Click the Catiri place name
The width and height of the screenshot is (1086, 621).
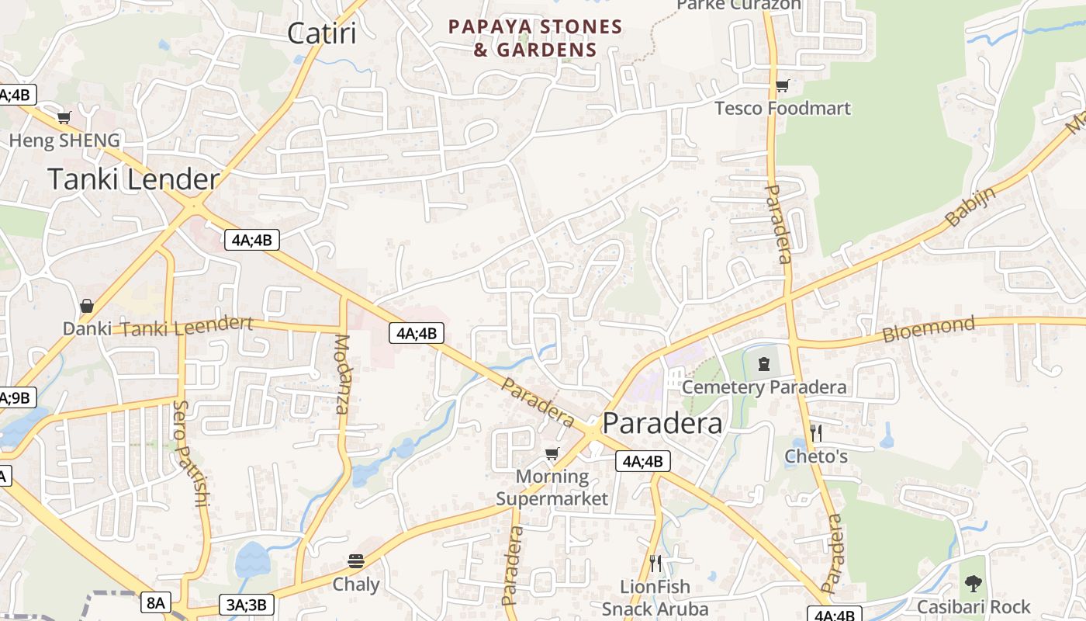click(321, 33)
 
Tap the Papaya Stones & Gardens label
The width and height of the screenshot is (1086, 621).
click(535, 38)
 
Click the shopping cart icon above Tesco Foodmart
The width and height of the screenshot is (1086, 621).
click(782, 86)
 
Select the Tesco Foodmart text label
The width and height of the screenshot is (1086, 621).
click(782, 108)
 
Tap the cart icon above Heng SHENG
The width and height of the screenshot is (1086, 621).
click(64, 118)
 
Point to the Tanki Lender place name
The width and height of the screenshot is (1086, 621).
click(133, 179)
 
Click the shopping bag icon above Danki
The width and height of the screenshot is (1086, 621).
click(87, 306)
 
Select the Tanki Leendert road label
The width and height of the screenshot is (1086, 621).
click(187, 326)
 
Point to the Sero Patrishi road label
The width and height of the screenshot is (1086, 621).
click(191, 454)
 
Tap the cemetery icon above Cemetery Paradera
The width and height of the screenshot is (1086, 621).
click(764, 363)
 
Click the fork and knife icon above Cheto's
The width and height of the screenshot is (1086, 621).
click(815, 433)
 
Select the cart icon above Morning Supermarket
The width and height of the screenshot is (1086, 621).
click(552, 454)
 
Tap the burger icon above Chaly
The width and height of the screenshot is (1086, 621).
click(356, 561)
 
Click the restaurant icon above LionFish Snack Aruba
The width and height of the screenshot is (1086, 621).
click(655, 563)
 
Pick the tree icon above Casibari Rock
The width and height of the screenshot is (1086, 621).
click(973, 584)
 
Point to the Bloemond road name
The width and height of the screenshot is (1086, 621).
click(929, 329)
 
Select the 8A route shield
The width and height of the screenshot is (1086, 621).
click(156, 602)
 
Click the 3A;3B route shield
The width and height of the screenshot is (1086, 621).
click(247, 605)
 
